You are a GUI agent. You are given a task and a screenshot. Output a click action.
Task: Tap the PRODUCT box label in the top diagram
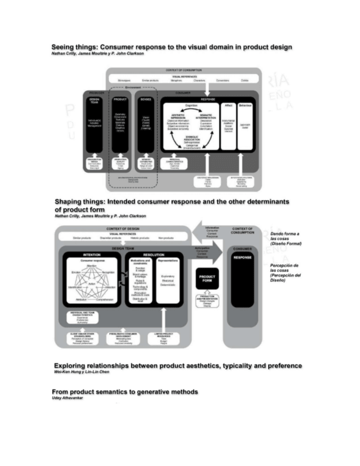click(120, 99)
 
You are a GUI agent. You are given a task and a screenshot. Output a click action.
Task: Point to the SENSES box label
click(146, 99)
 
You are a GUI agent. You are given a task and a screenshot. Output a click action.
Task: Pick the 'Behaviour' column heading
click(246, 104)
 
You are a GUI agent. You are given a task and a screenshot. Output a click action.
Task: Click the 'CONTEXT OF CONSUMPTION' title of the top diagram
click(184, 70)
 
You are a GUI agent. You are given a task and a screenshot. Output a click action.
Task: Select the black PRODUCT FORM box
click(209, 279)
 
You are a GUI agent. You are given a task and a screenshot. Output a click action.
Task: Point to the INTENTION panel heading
click(91, 255)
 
